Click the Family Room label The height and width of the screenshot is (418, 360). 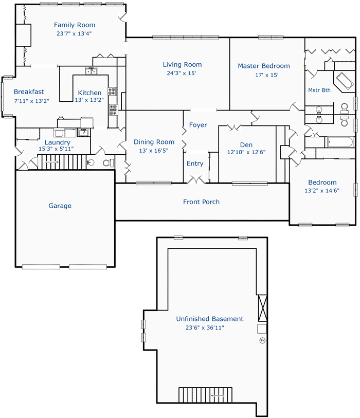pyautogui.click(x=75, y=25)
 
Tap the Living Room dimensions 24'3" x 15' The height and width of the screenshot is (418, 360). pyautogui.click(x=182, y=73)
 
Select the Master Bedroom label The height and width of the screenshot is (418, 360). pyautogui.click(x=264, y=66)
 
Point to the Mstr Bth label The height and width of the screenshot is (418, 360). pyautogui.click(x=319, y=90)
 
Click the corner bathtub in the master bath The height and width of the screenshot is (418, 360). pyautogui.click(x=345, y=81)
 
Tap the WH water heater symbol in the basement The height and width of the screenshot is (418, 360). pyautogui.click(x=262, y=340)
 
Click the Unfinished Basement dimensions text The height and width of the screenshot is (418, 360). pyautogui.click(x=205, y=328)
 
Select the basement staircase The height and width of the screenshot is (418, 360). pyautogui.click(x=205, y=395)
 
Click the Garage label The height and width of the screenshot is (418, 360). pyautogui.click(x=60, y=206)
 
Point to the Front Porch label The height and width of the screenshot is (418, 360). pyautogui.click(x=201, y=202)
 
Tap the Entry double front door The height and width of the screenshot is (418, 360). pyautogui.click(x=196, y=180)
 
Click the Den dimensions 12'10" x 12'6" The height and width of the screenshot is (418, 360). pyautogui.click(x=246, y=152)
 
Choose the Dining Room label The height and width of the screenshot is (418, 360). pyautogui.click(x=154, y=142)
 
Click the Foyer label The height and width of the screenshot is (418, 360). pyautogui.click(x=198, y=125)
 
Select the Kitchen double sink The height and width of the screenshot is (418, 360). pyautogui.click(x=91, y=71)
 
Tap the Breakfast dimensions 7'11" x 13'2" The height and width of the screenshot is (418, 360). pyautogui.click(x=31, y=101)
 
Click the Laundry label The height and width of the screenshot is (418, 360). pyautogui.click(x=57, y=142)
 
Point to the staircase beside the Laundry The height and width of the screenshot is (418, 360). pyautogui.click(x=62, y=162)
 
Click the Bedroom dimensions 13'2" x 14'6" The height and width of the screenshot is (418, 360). pyautogui.click(x=322, y=191)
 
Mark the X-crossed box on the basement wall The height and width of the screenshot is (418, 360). pyautogui.click(x=263, y=308)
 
